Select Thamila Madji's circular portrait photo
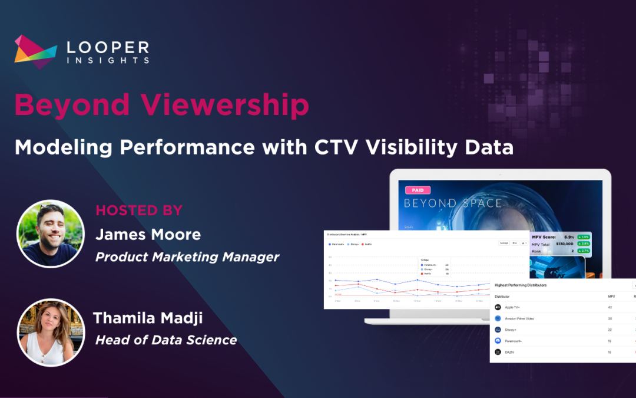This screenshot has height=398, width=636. [51, 333]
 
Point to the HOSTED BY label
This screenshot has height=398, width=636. [139, 210]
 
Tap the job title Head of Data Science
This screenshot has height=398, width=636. [166, 340]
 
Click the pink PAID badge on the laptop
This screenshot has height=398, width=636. [418, 190]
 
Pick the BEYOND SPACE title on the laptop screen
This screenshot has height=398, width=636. [452, 203]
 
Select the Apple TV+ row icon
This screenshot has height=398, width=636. [498, 307]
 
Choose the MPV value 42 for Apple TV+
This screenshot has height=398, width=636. [611, 307]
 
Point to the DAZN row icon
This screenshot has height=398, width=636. [498, 352]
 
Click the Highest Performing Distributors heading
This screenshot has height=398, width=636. [521, 285]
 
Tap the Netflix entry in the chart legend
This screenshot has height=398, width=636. [367, 244]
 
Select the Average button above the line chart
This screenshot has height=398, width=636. [503, 243]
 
